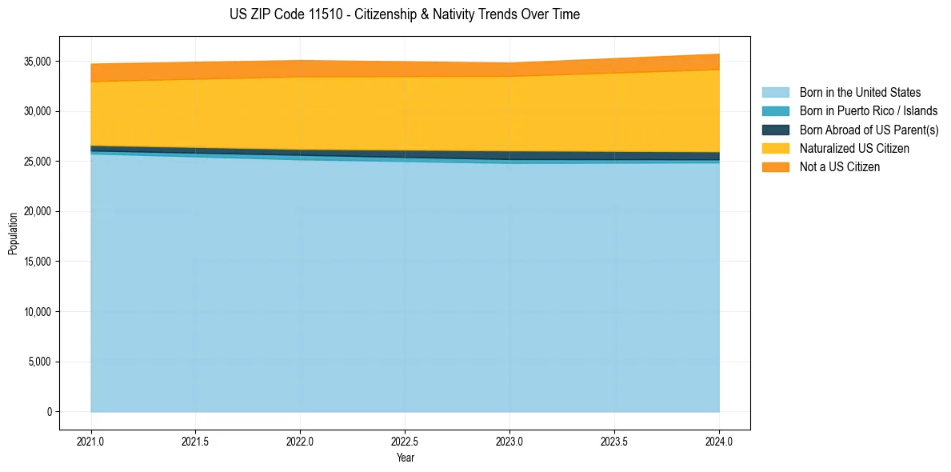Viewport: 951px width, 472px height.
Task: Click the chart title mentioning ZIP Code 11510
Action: tap(405, 14)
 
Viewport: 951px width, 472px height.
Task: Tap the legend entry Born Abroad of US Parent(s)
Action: tap(869, 130)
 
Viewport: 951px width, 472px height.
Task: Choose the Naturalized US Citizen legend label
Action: tap(854, 148)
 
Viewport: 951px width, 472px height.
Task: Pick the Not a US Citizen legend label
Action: tap(840, 166)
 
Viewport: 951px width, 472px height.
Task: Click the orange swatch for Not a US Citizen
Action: tap(775, 166)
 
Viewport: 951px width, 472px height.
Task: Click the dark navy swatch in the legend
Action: tap(775, 130)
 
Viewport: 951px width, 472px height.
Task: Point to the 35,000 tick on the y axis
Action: tap(38, 62)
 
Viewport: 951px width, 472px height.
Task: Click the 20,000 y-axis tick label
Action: tap(38, 212)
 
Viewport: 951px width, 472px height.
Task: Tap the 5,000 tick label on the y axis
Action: tap(40, 362)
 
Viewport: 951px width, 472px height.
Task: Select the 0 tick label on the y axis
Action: tap(49, 412)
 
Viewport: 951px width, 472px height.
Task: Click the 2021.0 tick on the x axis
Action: tap(91, 441)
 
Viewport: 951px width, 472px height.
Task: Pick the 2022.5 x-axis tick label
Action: tap(405, 441)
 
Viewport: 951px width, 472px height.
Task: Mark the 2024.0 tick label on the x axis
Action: tap(719, 441)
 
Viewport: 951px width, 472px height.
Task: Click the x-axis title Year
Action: tap(405, 458)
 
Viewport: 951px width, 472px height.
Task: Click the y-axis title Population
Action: tap(13, 234)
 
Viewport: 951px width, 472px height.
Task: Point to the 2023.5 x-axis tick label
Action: tap(614, 441)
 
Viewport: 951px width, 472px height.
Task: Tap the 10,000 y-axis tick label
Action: tap(38, 312)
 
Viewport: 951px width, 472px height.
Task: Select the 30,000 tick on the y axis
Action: tap(38, 111)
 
